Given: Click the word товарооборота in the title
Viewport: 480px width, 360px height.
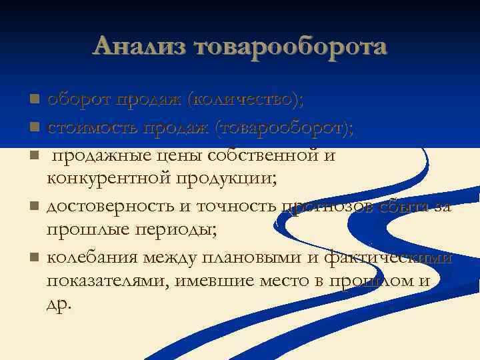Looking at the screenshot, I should coord(290,46).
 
